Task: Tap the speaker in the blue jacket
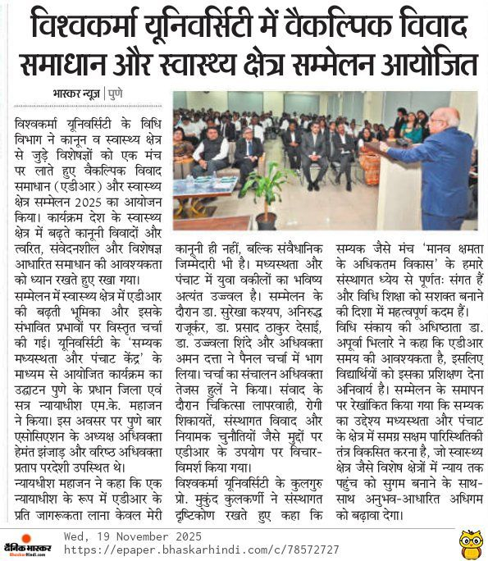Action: click(x=436, y=164)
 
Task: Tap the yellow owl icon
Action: click(x=471, y=542)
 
